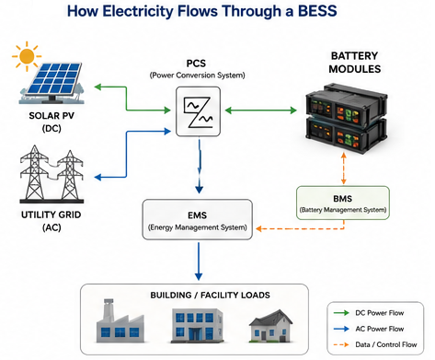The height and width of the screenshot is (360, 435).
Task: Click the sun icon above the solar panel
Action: [x=27, y=56]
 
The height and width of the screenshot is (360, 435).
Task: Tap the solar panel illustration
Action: [x=52, y=82]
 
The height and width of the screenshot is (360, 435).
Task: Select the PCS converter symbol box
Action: [x=198, y=111]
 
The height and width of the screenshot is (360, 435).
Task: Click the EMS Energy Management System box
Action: [x=198, y=219]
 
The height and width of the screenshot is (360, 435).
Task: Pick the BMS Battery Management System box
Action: [x=343, y=203]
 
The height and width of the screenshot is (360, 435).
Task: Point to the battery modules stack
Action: [x=347, y=118]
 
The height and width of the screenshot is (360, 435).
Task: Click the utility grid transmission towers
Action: [x=52, y=174]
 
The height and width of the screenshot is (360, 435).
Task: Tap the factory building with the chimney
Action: [x=120, y=321]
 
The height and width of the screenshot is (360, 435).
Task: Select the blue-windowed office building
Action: [x=197, y=325]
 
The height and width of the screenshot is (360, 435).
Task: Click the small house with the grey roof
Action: [x=270, y=326]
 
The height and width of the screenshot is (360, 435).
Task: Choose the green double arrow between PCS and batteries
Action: [x=261, y=110]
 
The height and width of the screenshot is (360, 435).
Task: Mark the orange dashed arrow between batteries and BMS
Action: [x=344, y=168]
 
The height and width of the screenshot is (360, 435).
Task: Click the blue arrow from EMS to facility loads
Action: [x=199, y=261]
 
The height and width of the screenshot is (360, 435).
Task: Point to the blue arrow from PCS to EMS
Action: [x=200, y=166]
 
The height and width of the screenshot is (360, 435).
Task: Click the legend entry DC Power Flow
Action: [x=369, y=313]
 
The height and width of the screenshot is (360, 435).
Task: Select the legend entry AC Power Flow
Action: [x=369, y=329]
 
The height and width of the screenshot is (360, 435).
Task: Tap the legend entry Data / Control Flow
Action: [x=375, y=344]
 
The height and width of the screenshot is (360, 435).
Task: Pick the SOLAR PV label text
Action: [x=52, y=116]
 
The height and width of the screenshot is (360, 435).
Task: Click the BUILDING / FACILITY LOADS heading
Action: [x=210, y=296]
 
